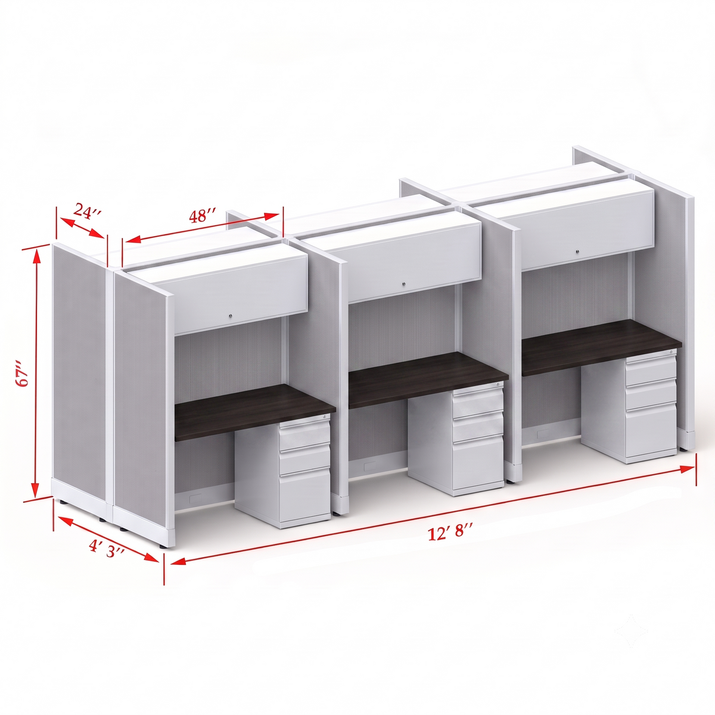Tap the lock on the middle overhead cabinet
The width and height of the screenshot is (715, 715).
(x=404, y=284)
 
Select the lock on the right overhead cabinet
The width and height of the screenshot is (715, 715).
(x=577, y=252)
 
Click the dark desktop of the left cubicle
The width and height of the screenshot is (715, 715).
(x=255, y=412)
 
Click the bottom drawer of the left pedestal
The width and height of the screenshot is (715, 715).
(x=304, y=496)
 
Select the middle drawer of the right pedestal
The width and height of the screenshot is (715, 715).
(x=651, y=394)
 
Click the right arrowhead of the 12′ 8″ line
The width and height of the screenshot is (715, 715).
(x=688, y=469)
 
